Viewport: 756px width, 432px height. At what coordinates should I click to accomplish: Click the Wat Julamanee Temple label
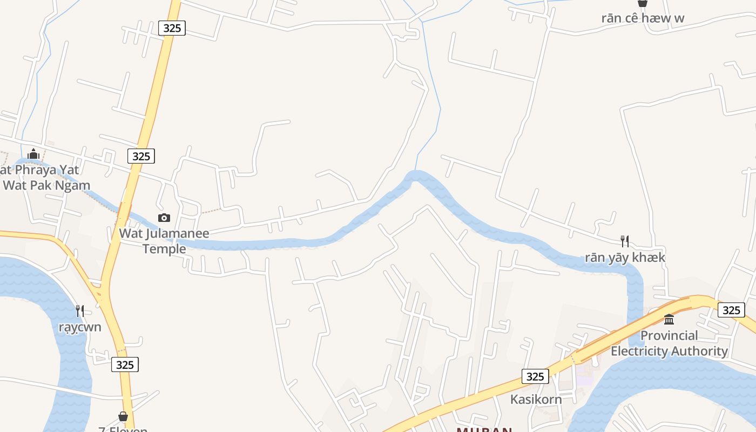coord(164,241)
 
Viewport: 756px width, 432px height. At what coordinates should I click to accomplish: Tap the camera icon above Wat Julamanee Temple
coord(164,218)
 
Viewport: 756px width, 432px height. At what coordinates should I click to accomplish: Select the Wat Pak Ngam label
coord(46,185)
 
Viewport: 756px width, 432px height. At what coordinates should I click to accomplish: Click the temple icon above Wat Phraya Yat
coord(33,154)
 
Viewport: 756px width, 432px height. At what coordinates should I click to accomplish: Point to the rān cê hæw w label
coord(643,18)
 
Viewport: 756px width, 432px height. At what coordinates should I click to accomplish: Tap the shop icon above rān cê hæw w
coord(642,3)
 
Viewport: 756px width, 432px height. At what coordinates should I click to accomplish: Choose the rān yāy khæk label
coord(625,258)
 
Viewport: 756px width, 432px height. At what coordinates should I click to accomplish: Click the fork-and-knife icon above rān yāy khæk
coord(625,241)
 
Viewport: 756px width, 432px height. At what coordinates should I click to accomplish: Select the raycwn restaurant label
coord(80,327)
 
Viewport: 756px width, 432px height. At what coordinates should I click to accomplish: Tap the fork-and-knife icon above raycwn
coord(80,310)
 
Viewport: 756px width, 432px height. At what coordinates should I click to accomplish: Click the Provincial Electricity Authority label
coord(669,343)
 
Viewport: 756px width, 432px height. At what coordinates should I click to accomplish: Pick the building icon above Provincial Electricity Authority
coord(669,319)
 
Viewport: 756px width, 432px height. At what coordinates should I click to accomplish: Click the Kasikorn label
coord(536,400)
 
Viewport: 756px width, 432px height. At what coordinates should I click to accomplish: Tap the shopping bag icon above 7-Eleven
coord(123,416)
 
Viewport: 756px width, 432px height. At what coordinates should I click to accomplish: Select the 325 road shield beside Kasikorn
coord(535,376)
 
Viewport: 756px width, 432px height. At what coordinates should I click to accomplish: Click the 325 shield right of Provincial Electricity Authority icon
coord(731,310)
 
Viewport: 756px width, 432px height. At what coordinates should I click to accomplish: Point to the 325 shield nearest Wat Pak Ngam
coord(141,156)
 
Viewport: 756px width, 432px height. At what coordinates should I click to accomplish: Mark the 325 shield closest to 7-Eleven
coord(125,364)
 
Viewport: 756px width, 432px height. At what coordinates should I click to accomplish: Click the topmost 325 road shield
coord(172,28)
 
